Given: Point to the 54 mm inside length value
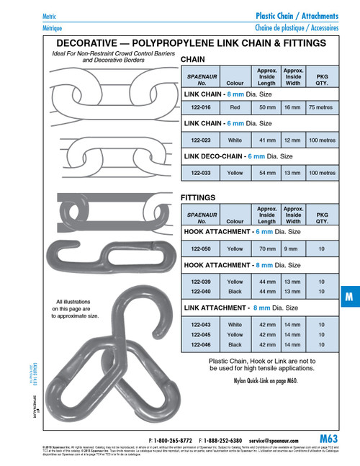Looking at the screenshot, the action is point(266,173).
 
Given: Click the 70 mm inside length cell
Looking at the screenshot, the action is point(266,248).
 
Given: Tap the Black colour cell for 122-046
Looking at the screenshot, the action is point(235,344).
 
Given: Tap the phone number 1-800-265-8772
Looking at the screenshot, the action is point(174,439).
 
